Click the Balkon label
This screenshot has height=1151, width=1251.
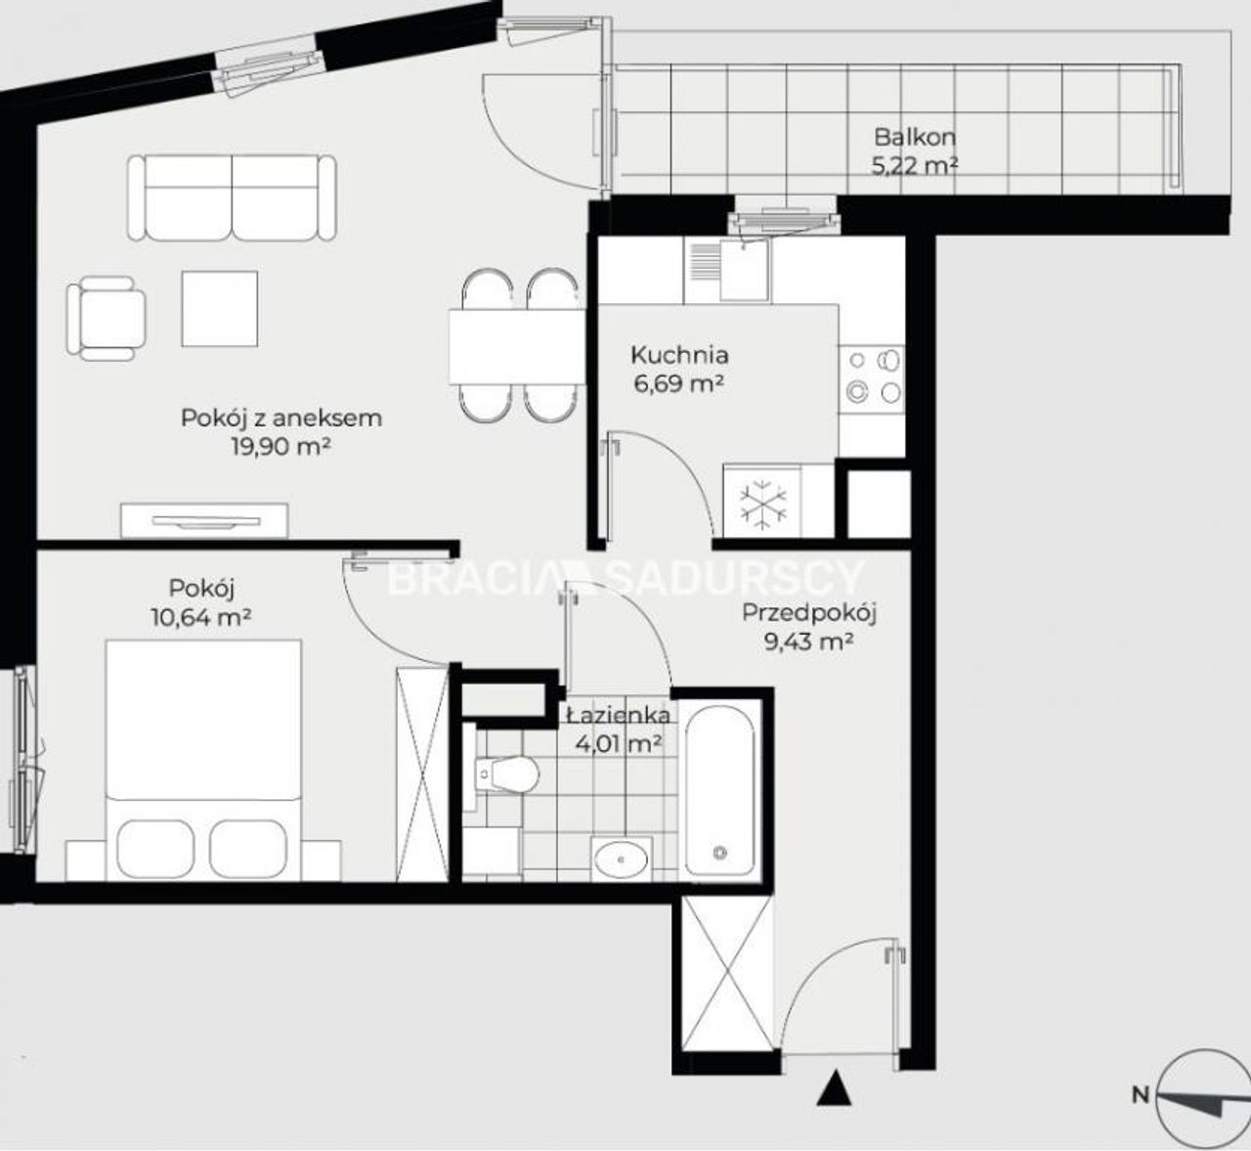coord(914,137)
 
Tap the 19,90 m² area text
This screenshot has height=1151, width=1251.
coord(281,447)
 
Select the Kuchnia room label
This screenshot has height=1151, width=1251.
coord(679,355)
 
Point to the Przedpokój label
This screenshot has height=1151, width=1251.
coord(809,613)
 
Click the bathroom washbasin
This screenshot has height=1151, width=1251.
coord(622,860)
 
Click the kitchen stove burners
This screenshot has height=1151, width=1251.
coord(873,377)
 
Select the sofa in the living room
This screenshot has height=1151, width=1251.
coord(232,199)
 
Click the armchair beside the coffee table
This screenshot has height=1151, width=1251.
coord(107,319)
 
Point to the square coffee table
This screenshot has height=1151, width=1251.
coord(220,308)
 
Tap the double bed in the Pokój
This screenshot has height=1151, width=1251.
coord(203,760)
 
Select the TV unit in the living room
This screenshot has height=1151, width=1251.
coord(205,520)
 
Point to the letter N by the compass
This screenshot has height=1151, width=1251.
coord(1141,1112)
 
